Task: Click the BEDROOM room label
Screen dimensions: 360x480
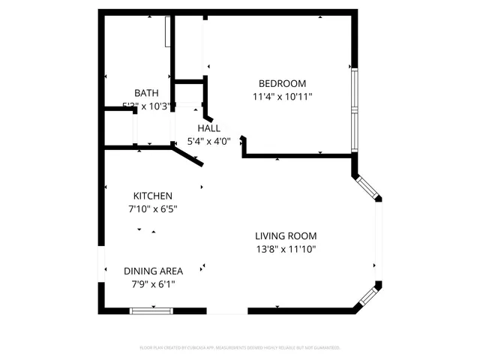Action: [282, 83]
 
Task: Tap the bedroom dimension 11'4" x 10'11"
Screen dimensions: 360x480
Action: [282, 96]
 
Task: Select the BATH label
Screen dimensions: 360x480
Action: [146, 93]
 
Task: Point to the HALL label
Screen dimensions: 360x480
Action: [209, 128]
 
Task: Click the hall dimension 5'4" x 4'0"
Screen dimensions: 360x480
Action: [209, 140]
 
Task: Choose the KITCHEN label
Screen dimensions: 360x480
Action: [153, 196]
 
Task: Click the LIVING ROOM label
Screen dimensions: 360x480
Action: [287, 235]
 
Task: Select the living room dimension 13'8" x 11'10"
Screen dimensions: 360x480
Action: [287, 248]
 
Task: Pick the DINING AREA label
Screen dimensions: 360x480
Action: [153, 271]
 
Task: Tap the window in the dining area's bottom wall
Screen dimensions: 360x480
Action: [151, 310]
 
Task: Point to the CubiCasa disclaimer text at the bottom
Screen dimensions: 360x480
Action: [240, 348]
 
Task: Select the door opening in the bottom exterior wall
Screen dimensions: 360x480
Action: [226, 310]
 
